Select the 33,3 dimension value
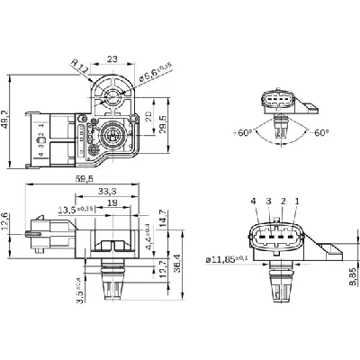point(105,191)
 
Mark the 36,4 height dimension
point(178,261)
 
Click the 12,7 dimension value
point(161,267)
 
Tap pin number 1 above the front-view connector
point(296,201)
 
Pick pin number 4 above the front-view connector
point(255,201)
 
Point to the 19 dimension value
point(111,203)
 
